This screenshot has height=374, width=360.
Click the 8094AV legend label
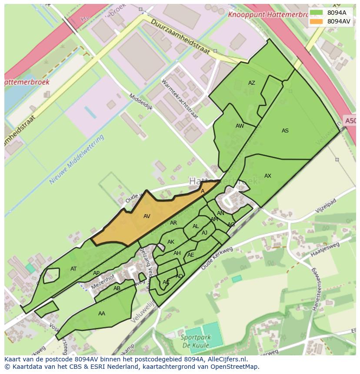point(339,21)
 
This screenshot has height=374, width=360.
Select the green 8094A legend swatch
point(316,13)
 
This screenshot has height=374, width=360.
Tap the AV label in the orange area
point(147,216)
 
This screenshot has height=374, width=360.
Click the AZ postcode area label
point(252,83)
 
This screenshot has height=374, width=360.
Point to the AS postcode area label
point(285,130)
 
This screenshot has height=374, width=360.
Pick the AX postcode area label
point(268,176)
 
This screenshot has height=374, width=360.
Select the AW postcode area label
point(240,126)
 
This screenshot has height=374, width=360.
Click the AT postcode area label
point(73,269)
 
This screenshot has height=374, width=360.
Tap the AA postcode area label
point(102,313)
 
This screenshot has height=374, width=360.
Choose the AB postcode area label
point(117,288)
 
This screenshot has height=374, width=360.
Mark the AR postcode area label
point(173,223)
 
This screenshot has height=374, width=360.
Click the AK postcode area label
point(171,242)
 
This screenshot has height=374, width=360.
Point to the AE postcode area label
point(190,255)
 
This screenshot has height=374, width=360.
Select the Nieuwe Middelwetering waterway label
point(77,159)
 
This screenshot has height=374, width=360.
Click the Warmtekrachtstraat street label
point(180,99)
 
